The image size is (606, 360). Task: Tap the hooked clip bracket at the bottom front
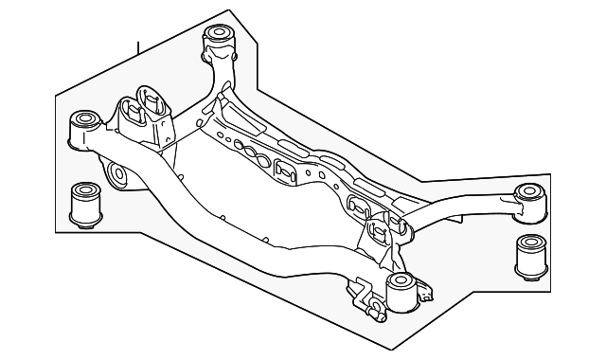point(365,296)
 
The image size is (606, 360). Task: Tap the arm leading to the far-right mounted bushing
point(464,210)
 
